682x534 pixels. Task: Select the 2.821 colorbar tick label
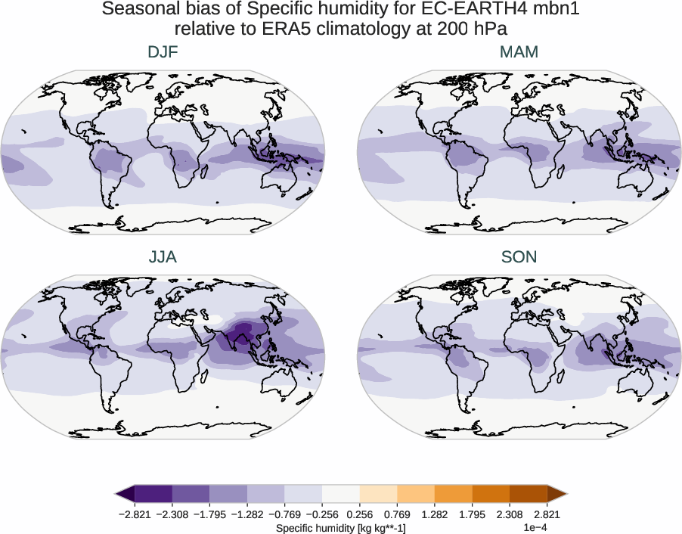point(547,514)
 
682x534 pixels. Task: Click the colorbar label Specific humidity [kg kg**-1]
point(341,526)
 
